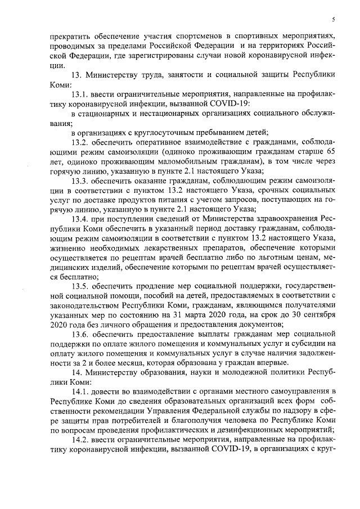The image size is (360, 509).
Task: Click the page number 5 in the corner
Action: tap(334, 20)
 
